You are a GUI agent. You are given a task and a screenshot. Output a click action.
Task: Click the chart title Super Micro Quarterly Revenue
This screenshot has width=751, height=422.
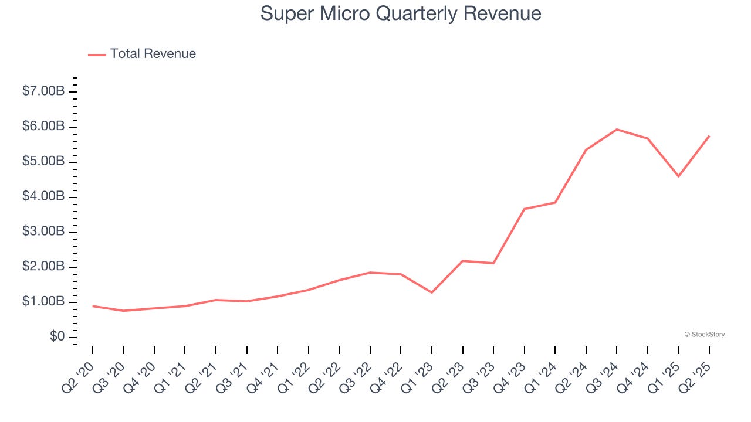point(400,13)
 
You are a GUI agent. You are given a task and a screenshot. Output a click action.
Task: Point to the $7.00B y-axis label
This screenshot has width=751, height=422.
point(43,91)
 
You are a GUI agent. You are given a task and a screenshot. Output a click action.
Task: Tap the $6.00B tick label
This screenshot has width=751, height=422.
point(43,127)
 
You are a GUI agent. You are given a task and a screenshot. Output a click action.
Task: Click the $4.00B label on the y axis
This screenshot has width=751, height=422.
point(43,196)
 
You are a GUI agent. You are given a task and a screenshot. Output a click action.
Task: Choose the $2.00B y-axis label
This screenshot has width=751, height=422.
point(43,267)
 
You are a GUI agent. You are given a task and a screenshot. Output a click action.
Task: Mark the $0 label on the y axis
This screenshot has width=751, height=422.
point(57,336)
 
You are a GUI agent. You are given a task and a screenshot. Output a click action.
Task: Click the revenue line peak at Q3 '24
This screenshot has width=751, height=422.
point(617,130)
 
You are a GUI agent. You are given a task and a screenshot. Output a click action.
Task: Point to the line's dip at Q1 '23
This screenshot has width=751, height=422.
point(432,292)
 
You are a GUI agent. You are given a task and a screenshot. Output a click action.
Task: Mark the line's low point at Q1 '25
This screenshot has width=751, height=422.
point(678,176)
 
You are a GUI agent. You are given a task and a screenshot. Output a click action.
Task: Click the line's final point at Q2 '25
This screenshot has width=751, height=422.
point(709,136)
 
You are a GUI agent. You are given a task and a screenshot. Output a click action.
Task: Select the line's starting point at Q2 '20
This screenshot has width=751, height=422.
point(93,306)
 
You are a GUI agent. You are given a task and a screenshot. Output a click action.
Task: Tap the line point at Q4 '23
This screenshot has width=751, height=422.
point(524,209)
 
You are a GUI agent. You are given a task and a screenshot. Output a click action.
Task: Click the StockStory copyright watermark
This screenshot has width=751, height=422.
point(704,335)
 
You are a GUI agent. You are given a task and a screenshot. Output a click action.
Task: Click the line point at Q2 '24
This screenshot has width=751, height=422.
point(586,150)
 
